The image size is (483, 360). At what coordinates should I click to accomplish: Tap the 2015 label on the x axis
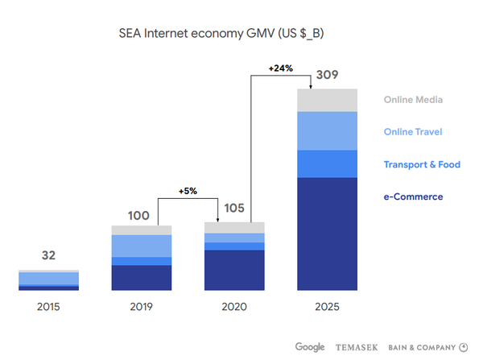tap(48, 307)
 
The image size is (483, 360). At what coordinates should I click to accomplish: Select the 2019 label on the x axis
tap(141, 307)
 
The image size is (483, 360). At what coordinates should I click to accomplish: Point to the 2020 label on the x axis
tap(234, 307)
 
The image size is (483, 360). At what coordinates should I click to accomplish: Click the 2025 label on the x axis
tap(328, 307)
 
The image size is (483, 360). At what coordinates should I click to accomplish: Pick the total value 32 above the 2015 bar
tap(48, 256)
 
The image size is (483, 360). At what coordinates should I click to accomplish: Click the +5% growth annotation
tap(188, 191)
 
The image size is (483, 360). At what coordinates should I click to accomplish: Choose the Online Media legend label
tap(414, 100)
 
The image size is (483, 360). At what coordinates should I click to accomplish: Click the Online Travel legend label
tap(413, 132)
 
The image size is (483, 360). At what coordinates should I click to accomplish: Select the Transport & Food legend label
tap(422, 164)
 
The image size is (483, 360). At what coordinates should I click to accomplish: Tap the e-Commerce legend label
tap(413, 197)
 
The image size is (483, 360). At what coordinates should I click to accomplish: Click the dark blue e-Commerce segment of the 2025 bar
tap(328, 234)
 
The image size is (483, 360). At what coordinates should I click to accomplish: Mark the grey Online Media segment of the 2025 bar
tap(328, 100)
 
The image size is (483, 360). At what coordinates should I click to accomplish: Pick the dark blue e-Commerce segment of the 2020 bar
tap(234, 270)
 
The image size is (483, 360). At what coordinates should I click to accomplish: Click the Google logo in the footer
tap(310, 347)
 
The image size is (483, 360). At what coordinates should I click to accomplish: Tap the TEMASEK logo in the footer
tap(356, 347)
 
